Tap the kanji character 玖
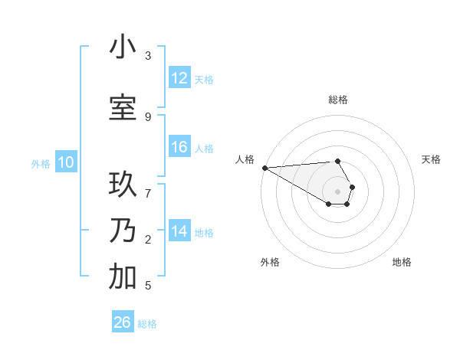tap(123, 185)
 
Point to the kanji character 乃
tap(123, 231)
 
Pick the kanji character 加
tap(123, 277)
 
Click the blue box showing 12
tap(179, 78)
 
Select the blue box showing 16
tap(179, 147)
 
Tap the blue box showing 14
tap(179, 231)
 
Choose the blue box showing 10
tap(65, 162)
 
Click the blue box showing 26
tap(122, 322)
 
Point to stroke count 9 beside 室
tap(148, 116)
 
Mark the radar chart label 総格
tap(338, 100)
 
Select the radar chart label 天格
tap(432, 159)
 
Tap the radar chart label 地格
tap(402, 263)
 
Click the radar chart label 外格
tap(270, 263)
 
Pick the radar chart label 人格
tap(245, 159)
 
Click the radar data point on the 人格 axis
tap(264, 168)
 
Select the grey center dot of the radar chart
tap(337, 191)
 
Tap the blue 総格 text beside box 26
tap(147, 324)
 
